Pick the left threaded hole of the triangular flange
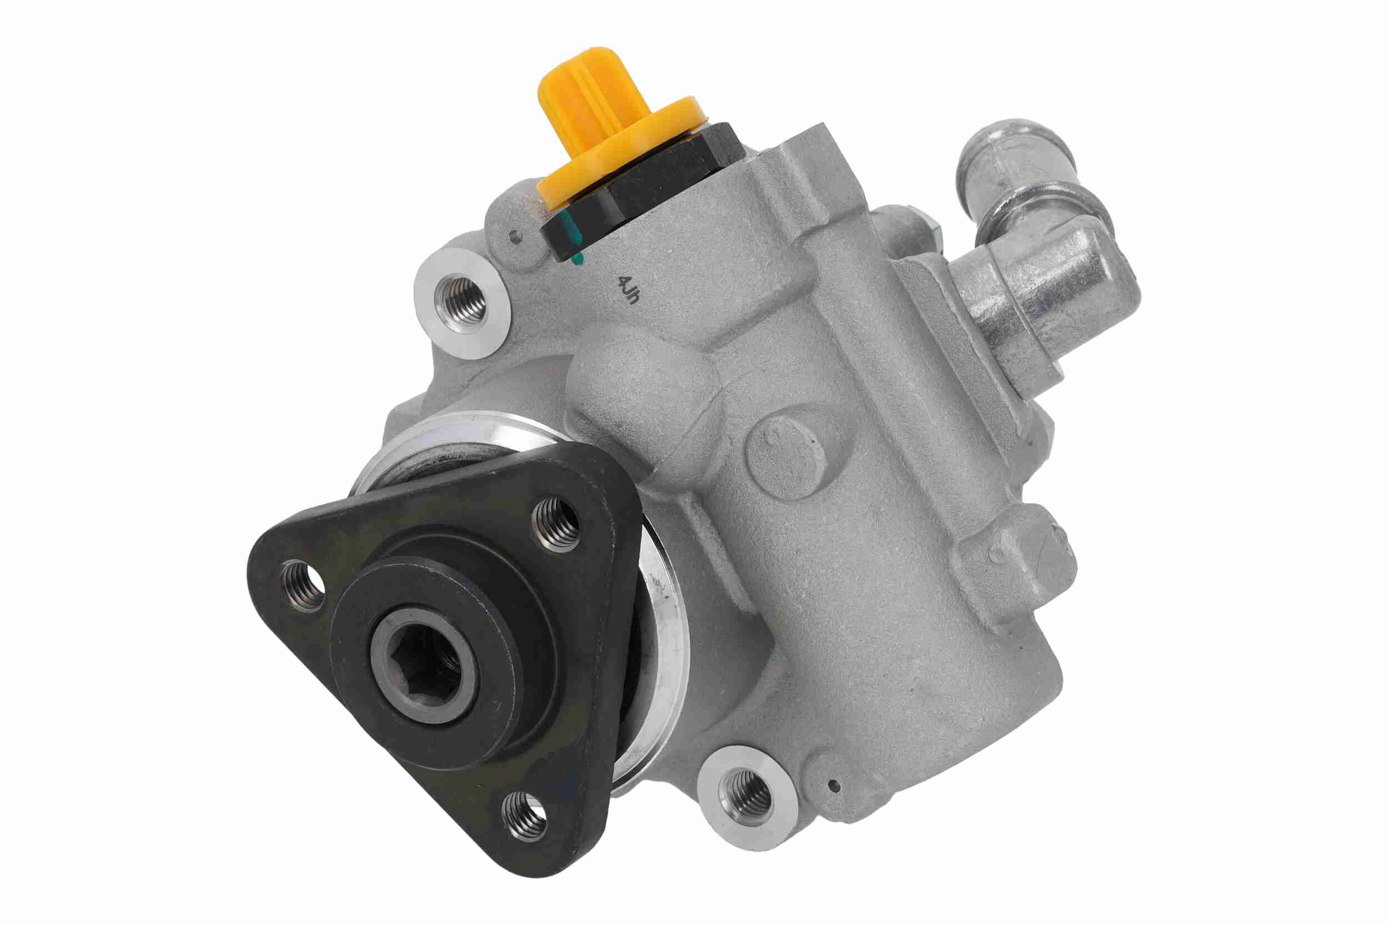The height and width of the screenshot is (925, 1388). coord(303,584)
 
